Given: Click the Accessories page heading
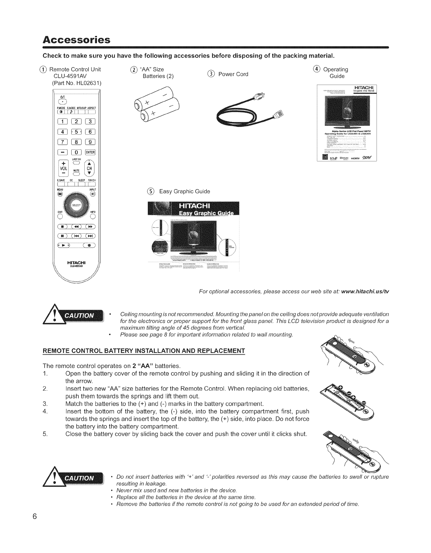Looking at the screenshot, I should [x=77, y=40].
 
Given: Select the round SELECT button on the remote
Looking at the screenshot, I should [x=76, y=205].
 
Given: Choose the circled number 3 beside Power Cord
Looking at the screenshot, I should [x=212, y=74].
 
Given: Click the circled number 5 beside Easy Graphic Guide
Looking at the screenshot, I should [x=152, y=191].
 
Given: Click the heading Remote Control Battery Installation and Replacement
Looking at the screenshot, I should [x=144, y=351].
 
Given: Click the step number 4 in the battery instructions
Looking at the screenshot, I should [x=45, y=411].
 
